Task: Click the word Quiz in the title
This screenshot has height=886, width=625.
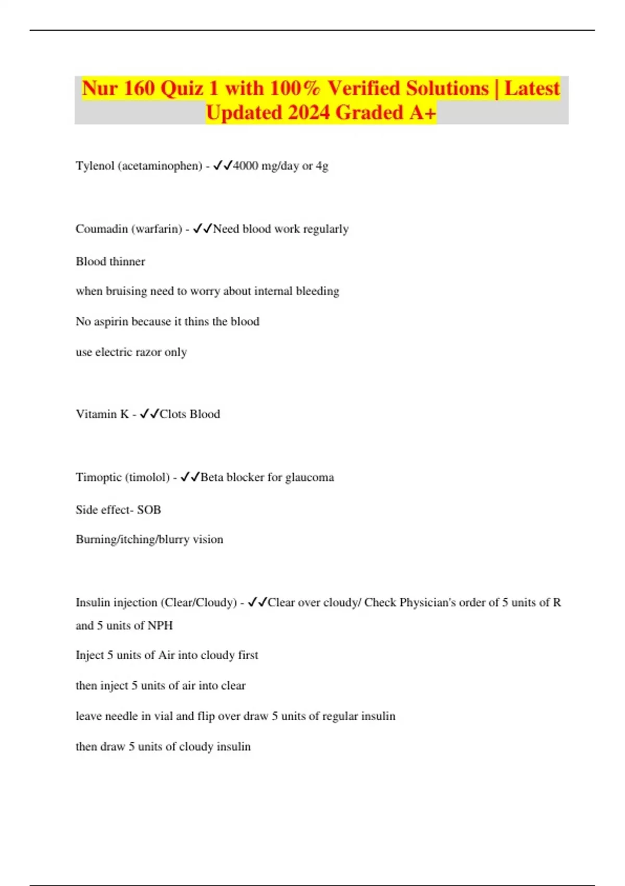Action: (x=182, y=88)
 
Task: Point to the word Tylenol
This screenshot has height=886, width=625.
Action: (x=95, y=166)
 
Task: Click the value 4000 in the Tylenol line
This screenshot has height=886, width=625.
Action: (x=245, y=166)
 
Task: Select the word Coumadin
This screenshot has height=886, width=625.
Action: (x=102, y=229)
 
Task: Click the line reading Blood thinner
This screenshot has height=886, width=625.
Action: (x=110, y=262)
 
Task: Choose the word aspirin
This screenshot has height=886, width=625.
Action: (x=111, y=322)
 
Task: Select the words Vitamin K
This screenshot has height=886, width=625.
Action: (x=102, y=414)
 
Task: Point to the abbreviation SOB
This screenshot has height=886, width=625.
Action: (x=149, y=510)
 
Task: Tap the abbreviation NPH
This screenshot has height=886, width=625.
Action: (x=160, y=625)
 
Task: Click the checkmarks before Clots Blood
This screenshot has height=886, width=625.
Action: (x=149, y=414)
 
